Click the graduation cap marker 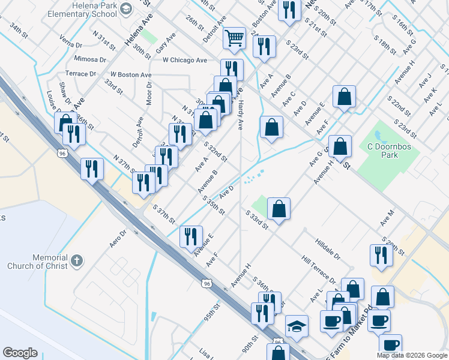pos(297,326)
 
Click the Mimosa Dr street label pos(90,59)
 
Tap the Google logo pos(20,352)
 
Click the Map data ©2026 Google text pos(412,355)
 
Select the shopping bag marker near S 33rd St pos(279,209)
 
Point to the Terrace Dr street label pos(80,74)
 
